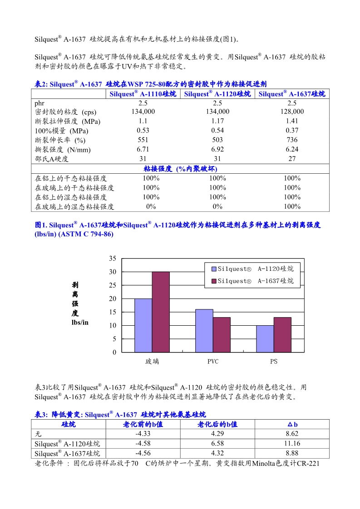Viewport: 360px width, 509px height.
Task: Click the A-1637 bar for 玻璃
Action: point(161,312)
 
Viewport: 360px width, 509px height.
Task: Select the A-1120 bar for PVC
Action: point(204,331)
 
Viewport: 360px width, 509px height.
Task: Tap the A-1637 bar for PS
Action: point(282,334)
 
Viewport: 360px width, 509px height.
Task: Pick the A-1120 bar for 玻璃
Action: point(143,325)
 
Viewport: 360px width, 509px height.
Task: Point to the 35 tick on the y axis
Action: point(113,259)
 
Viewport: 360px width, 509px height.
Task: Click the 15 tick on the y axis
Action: point(113,312)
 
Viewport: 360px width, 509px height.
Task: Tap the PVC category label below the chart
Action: point(213,362)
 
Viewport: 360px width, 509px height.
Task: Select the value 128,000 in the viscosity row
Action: point(292,112)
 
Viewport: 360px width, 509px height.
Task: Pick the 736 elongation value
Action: point(292,140)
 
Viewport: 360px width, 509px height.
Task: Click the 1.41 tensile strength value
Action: point(292,121)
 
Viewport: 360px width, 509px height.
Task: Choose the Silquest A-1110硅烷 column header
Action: point(143,94)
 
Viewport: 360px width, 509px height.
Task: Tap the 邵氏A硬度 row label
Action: point(52,159)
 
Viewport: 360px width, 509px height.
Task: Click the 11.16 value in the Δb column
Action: point(292,443)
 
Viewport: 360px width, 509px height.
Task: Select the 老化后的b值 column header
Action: point(217,424)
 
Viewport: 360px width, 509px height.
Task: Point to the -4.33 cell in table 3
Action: point(143,434)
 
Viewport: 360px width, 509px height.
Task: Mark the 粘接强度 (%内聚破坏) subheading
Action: point(180,169)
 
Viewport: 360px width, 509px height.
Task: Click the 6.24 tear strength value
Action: point(292,149)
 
